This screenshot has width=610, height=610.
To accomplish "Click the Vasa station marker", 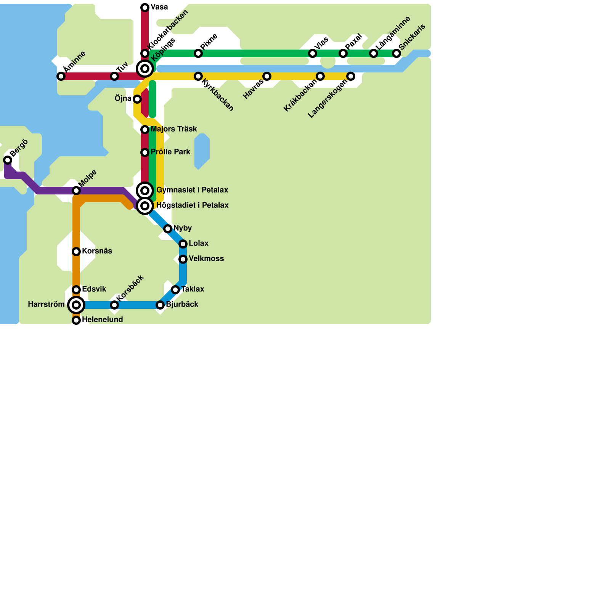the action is [x=145, y=8].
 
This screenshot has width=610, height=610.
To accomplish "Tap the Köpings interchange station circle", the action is [x=145, y=69].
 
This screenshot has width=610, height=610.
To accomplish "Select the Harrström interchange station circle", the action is [x=76, y=305].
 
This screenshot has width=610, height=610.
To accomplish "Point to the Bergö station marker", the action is [x=8, y=160].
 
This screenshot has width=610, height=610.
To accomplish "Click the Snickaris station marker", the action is [x=396, y=53].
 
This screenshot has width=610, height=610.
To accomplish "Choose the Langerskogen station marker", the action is [x=351, y=76].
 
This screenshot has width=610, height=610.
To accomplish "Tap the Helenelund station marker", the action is [x=76, y=320].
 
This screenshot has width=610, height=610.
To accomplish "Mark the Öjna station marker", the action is [x=137, y=99].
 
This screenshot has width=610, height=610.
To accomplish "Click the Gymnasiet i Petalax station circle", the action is [x=145, y=191].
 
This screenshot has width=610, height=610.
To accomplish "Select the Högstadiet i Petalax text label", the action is [x=192, y=205].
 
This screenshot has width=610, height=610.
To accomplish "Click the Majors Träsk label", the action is [x=173, y=129].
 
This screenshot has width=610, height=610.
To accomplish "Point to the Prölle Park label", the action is [x=170, y=152].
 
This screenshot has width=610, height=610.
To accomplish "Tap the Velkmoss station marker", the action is [x=183, y=259].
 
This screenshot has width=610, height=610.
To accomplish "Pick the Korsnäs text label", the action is [x=97, y=251].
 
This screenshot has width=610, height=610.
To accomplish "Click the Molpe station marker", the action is [x=76, y=190].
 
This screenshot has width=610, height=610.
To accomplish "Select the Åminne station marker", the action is [x=61, y=76].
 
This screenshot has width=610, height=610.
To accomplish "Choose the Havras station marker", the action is [x=267, y=76].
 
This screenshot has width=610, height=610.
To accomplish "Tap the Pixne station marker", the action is [x=198, y=53].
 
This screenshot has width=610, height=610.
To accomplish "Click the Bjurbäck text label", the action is [x=182, y=305].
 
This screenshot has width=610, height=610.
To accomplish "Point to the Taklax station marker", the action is [x=175, y=290].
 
